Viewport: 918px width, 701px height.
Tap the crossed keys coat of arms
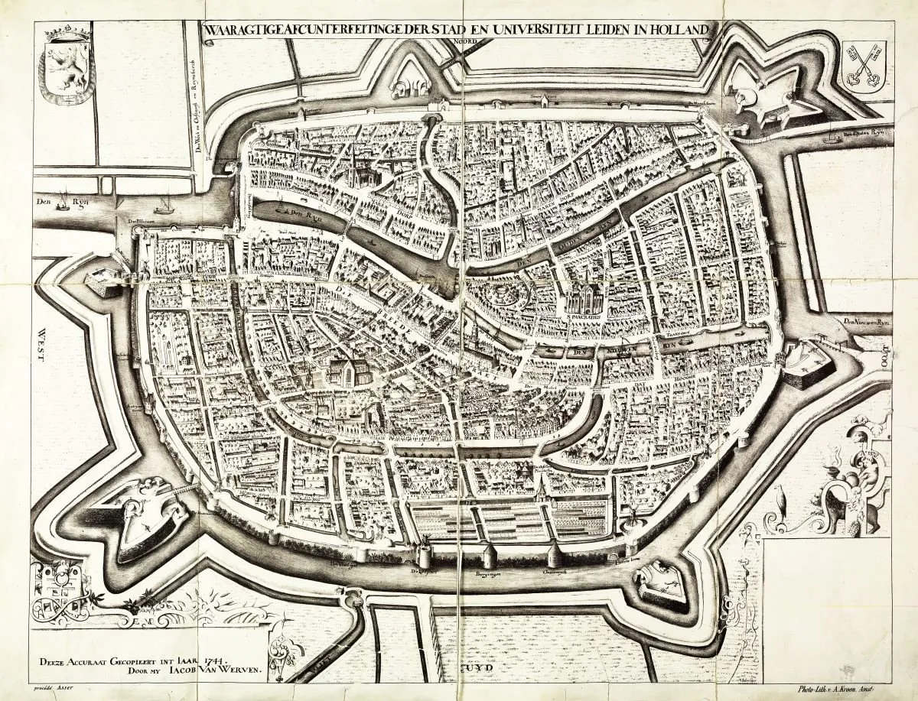[x=862, y=70]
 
